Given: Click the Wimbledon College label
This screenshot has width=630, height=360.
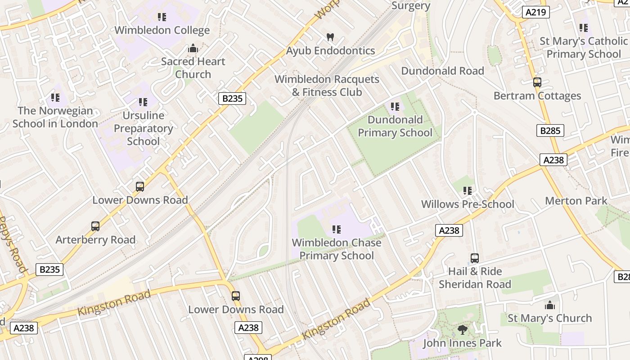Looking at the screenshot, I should point(162,30).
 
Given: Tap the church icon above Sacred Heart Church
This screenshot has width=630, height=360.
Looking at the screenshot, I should point(193,48).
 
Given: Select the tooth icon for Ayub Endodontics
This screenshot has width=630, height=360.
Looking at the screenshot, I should point(330,37).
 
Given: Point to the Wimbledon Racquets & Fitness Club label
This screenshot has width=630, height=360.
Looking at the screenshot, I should point(327,85).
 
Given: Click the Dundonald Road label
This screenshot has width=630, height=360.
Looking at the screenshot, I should point(442,71).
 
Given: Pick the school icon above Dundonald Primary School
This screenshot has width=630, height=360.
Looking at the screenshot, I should point(395,107).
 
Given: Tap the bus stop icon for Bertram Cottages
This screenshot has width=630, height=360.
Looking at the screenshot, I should point(537,82).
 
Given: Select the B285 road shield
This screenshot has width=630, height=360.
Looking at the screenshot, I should point(550,130).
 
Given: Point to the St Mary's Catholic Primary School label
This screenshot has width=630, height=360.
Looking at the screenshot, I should point(583,48).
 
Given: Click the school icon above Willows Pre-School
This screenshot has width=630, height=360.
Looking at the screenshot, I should point(468,191).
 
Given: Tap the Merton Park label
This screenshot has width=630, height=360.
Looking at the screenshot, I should point(576,201).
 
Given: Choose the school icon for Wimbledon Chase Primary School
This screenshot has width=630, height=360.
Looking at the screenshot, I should point(336,229).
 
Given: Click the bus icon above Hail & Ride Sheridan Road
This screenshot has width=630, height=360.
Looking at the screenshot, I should point(475,258).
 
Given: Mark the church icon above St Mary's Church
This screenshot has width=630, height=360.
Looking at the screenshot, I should point(549,305).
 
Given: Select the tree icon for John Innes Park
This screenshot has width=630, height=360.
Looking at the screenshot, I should point(462,330).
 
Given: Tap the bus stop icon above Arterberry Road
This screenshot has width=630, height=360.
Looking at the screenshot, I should point(95,226).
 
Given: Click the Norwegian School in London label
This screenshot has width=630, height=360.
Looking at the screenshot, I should point(55,117).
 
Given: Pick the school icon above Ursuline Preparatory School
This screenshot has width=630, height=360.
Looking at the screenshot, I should point(143,102).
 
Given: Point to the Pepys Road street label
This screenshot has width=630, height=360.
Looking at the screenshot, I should point(12,245).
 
